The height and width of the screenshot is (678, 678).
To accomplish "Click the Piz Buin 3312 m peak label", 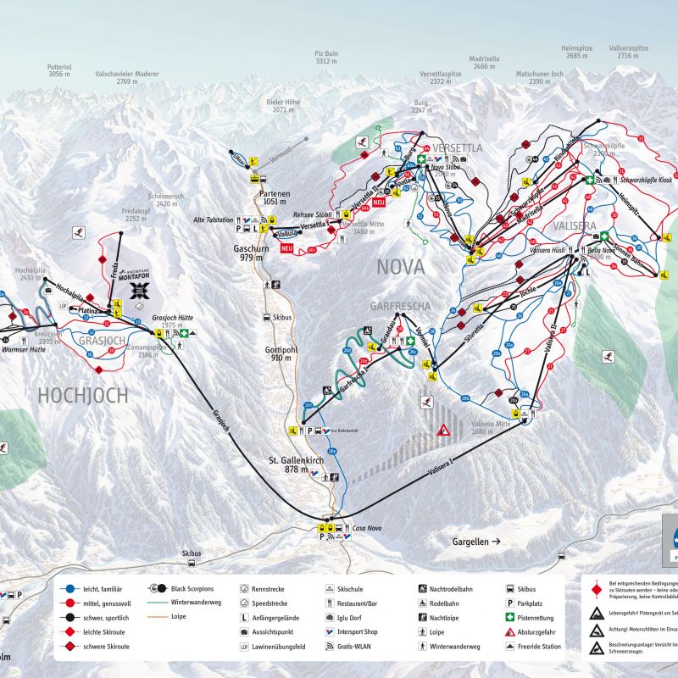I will click(x=326, y=57).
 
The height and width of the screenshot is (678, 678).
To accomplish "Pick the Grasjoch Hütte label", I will click(x=173, y=318).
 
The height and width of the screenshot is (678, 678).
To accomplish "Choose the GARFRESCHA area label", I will click(x=399, y=306).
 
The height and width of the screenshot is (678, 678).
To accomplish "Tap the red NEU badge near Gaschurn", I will click(x=286, y=248).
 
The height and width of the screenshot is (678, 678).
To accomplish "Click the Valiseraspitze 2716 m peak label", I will click(x=629, y=53).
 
